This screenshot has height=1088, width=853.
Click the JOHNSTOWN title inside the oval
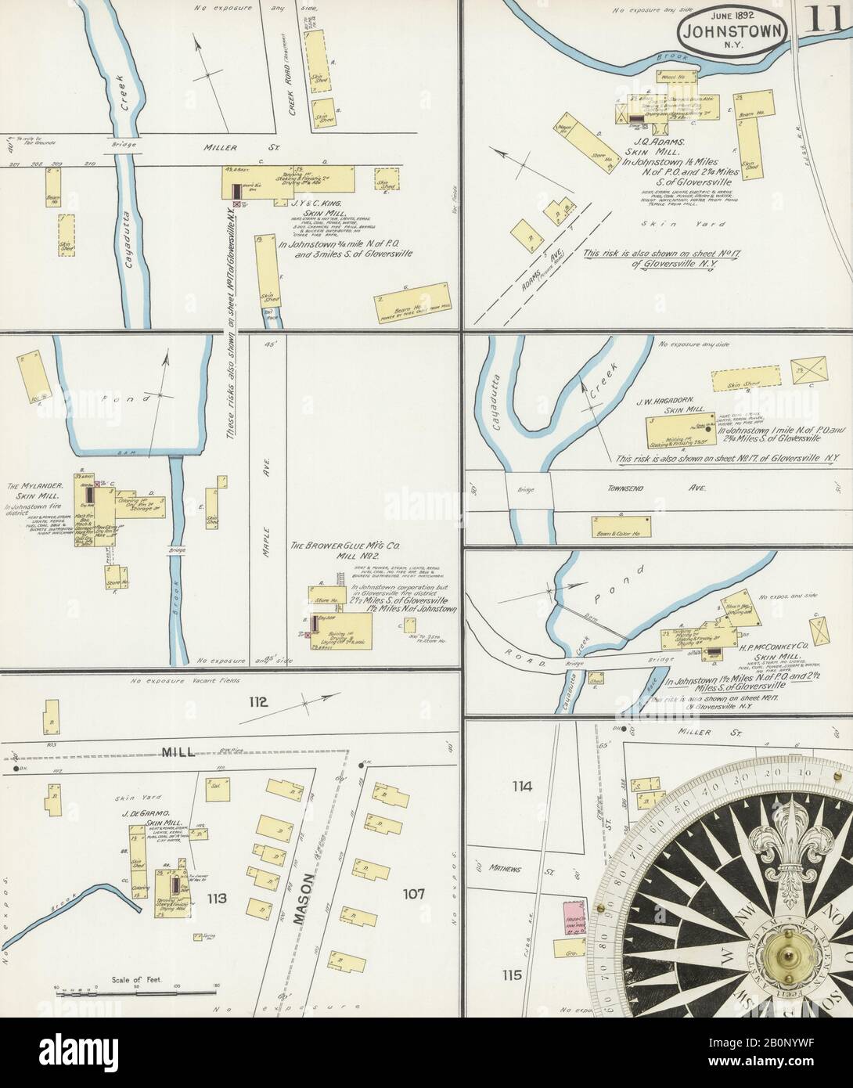click(727, 32)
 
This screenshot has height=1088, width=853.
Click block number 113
click(216, 899)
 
